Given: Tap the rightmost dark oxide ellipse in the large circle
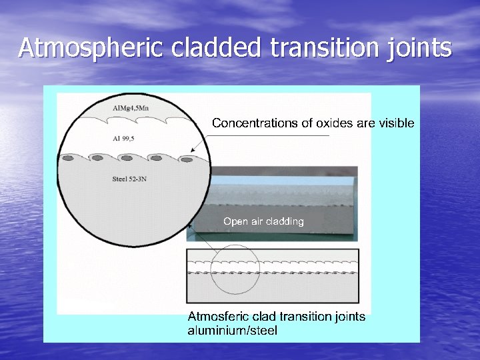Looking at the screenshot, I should pos(187,160).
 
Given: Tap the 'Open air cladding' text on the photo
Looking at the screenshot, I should pos(263,221).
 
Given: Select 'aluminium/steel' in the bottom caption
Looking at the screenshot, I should pos(233,331).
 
